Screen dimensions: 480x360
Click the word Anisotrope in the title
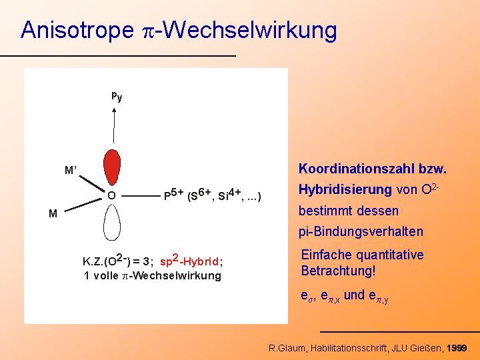click(77, 30)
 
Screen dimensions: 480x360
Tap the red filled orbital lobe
click(112, 167)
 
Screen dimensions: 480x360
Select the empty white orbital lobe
click(112, 223)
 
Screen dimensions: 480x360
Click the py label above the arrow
click(117, 97)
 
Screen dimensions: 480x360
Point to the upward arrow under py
click(114, 125)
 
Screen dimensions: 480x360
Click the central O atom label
click(112, 195)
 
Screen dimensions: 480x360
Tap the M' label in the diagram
click(71, 170)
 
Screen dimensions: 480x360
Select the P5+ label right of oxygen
click(173, 195)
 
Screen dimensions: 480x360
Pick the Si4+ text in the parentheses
click(229, 195)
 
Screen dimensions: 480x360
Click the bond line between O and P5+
click(141, 195)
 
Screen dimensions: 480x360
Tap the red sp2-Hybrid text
click(189, 261)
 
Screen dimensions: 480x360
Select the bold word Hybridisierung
click(345, 190)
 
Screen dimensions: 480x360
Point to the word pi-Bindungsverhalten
click(361, 231)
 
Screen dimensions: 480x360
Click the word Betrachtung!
click(338, 271)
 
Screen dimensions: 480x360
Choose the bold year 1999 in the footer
click(457, 348)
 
